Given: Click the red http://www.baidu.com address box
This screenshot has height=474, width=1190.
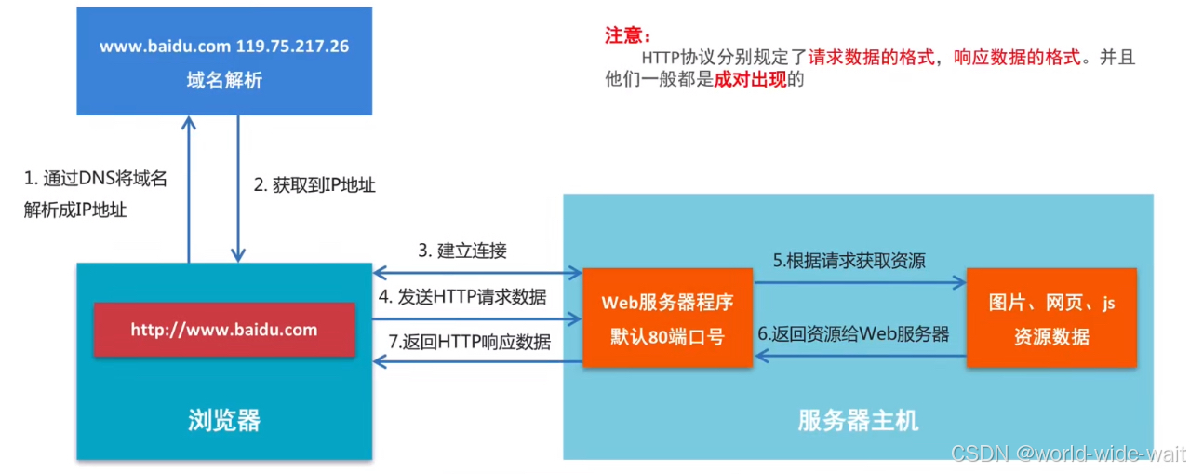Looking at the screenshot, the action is pyautogui.click(x=223, y=330).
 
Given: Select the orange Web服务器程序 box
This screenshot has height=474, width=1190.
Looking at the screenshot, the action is pyautogui.click(x=667, y=318).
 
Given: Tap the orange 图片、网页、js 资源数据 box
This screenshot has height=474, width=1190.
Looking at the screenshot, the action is pyautogui.click(x=1051, y=318).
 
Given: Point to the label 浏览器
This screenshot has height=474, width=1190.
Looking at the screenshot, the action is pyautogui.click(x=224, y=420).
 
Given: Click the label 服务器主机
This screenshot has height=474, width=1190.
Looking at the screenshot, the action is pyautogui.click(x=858, y=420).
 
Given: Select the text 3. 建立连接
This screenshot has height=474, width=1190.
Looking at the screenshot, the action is pyautogui.click(x=461, y=250).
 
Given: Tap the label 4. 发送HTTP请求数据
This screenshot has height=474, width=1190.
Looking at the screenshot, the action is pyautogui.click(x=462, y=297).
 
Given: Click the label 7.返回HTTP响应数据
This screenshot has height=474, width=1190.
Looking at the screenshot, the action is pyautogui.click(x=469, y=342).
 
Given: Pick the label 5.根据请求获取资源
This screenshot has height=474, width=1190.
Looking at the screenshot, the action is pyautogui.click(x=849, y=260).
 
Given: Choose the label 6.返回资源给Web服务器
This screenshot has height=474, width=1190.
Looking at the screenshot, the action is pyautogui.click(x=853, y=333).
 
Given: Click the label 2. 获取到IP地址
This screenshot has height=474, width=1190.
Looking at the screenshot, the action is pyautogui.click(x=314, y=185).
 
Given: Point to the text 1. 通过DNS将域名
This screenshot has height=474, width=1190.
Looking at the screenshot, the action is pyautogui.click(x=96, y=179).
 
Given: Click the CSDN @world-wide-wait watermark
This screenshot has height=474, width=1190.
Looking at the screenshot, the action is pyautogui.click(x=1068, y=454).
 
